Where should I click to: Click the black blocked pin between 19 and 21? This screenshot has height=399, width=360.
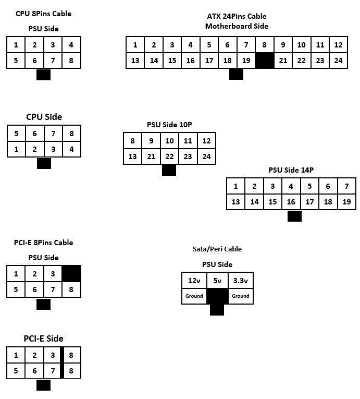click(x=265, y=61)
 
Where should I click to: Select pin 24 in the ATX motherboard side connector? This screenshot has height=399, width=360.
click(x=338, y=61)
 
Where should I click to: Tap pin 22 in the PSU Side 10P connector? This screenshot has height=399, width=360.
click(x=169, y=156)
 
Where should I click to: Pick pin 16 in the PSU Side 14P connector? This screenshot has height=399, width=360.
click(x=291, y=201)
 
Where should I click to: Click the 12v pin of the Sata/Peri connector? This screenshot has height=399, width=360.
click(x=194, y=281)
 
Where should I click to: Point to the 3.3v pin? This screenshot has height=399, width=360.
click(x=240, y=281)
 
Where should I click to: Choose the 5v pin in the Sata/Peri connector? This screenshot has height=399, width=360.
click(x=217, y=281)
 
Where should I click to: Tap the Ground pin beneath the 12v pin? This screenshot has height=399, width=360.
click(x=194, y=296)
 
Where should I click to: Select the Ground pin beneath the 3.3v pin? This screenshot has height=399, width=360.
click(x=240, y=296)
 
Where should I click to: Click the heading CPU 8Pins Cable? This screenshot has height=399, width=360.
click(x=44, y=14)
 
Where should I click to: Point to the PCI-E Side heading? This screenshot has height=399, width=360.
click(x=44, y=338)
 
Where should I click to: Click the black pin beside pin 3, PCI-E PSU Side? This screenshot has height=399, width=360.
click(x=71, y=273)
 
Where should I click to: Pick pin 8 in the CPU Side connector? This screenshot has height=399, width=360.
click(x=71, y=134)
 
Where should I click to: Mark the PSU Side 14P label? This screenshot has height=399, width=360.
click(x=291, y=170)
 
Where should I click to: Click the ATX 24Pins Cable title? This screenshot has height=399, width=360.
click(x=237, y=16)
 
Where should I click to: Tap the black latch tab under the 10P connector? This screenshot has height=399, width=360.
click(x=169, y=170)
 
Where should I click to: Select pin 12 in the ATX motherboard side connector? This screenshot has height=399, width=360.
click(x=338, y=45)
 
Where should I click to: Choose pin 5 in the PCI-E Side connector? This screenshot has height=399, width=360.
click(x=16, y=371)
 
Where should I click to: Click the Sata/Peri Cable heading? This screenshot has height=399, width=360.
click(x=217, y=249)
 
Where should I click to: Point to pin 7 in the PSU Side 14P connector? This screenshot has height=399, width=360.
click(x=346, y=186)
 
